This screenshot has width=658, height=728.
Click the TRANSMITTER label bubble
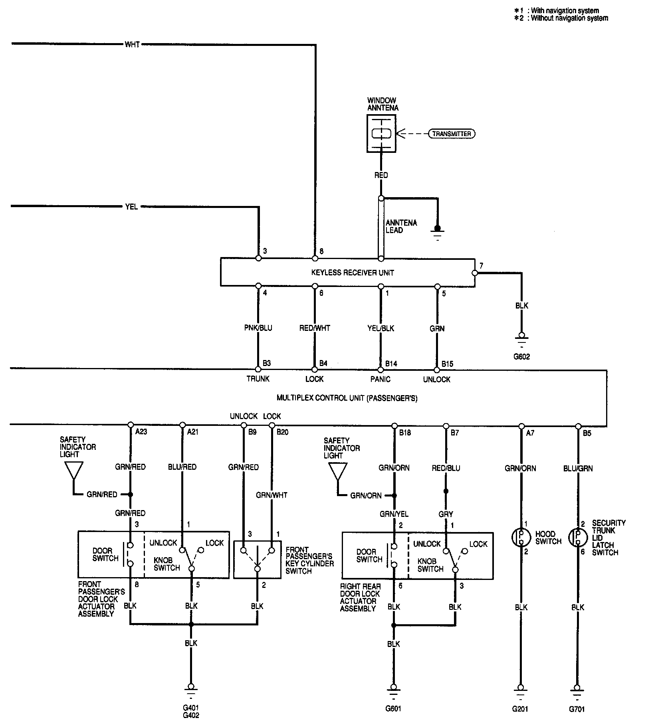pos(452,134)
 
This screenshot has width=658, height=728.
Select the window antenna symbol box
pos(381,134)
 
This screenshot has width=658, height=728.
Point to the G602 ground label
pos(521,356)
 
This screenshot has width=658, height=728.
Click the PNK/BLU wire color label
pos(258,328)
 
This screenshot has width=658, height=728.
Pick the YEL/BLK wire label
pos(381,328)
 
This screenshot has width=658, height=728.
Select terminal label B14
pos(391,364)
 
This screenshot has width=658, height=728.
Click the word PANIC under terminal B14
pos(380,379)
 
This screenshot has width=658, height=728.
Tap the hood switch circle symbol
pos(521,538)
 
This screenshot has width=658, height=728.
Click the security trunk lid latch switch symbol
pos(577,538)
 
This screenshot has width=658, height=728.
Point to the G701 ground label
pos(577,709)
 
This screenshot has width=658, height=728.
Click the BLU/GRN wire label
pos(578,468)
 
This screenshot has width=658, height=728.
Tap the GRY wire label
pos(446,514)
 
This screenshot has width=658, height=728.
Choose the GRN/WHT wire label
pos(272,495)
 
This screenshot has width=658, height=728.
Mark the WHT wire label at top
pos(132,44)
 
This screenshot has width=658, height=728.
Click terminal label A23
pos(141,431)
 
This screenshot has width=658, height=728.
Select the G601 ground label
pos(393,709)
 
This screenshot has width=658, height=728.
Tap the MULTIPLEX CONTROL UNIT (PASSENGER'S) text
pos(347,398)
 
